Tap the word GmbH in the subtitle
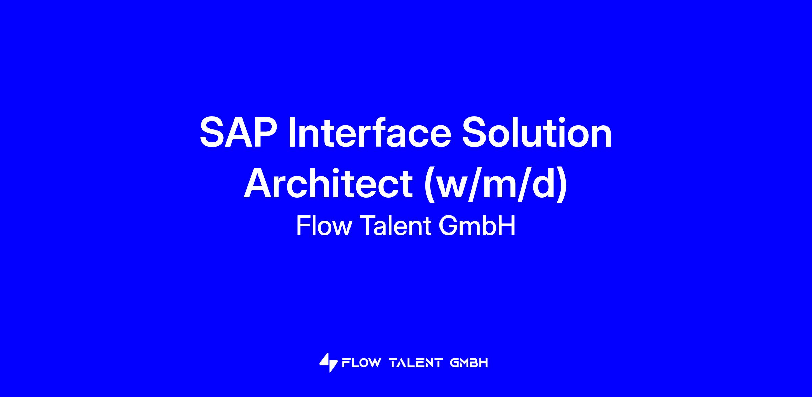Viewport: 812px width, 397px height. click(x=477, y=225)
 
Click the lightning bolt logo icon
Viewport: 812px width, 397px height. click(x=329, y=362)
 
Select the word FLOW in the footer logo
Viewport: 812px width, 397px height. click(x=361, y=363)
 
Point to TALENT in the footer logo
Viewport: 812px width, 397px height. click(x=416, y=363)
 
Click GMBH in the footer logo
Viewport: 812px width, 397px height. click(x=469, y=363)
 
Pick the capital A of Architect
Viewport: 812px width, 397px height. click(x=258, y=183)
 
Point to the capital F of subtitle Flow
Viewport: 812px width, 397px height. click(x=303, y=225)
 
